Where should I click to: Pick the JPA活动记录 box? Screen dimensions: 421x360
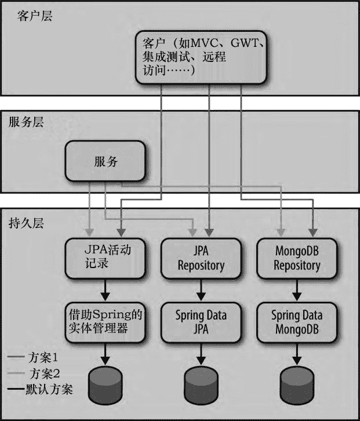(x=104, y=257)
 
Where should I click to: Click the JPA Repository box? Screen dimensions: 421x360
(x=200, y=258)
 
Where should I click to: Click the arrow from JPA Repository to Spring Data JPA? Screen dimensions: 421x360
(x=200, y=289)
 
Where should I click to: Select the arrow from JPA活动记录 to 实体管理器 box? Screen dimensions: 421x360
(x=105, y=289)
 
